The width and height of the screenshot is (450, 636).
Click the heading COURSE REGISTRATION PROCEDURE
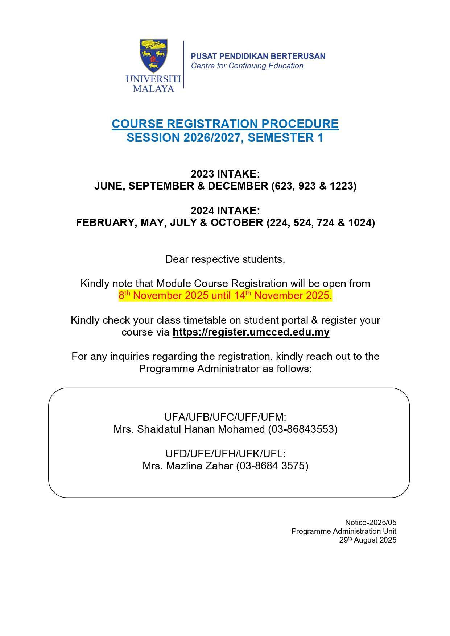coord(225,124)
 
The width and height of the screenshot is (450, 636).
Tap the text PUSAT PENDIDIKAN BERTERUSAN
coord(258,56)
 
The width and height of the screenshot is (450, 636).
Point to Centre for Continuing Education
coord(247,66)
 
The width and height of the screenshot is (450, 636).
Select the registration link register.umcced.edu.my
coord(251,332)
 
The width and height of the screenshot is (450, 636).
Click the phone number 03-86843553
coord(303,429)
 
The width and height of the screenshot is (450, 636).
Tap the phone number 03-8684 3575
coord(272,466)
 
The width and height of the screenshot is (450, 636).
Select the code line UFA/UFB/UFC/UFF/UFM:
coord(225,417)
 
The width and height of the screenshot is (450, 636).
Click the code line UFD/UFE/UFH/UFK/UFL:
coord(225,454)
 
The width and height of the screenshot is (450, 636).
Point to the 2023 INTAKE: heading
coord(225,174)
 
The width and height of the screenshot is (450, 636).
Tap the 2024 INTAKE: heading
coord(225,211)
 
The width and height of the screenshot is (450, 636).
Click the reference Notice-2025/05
coord(371,523)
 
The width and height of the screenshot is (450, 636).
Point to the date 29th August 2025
coord(368,540)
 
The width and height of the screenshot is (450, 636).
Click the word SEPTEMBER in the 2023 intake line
coord(161,186)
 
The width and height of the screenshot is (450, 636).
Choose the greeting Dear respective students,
coord(225,259)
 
